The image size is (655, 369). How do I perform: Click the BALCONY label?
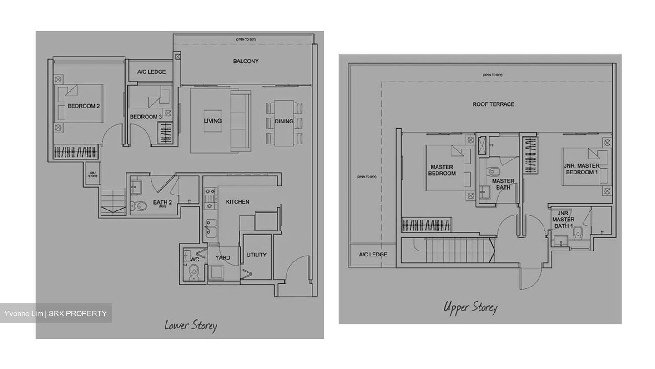tap(246, 61)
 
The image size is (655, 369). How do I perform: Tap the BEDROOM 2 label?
tap(84, 106)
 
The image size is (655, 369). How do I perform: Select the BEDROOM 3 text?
tap(146, 117)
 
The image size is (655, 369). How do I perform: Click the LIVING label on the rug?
tap(212, 121)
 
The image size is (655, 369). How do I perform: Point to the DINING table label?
tap(284, 121)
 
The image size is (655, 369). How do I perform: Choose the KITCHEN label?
tap(237, 202)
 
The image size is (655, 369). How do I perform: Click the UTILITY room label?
tap(256, 255)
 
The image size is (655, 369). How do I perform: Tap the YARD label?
tap(222, 258)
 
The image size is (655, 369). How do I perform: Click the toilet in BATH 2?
tap(141, 206)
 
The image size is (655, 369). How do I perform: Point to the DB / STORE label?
tap(93, 174)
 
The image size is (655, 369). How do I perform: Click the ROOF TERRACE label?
tap(493, 104)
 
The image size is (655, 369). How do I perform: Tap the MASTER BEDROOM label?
tap(442, 170)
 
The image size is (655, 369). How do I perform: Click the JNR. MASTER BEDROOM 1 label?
tap(581, 169)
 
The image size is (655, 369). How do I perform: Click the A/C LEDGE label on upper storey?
tap(373, 255)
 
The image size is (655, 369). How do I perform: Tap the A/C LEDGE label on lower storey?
tap(151, 72)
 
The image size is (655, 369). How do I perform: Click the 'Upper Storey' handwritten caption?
tap(470, 307)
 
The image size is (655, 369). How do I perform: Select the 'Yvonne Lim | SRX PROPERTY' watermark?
tap(55, 313)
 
